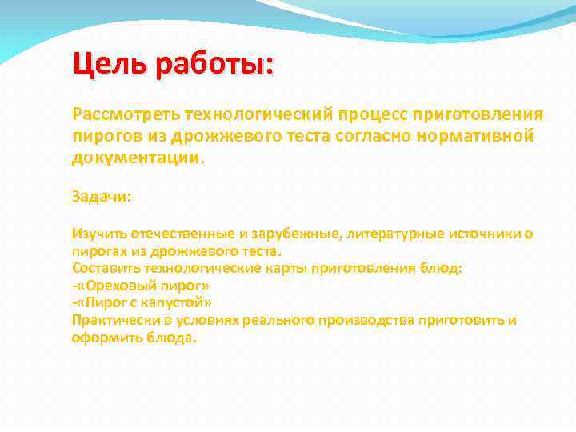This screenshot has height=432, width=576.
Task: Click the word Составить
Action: point(106,268)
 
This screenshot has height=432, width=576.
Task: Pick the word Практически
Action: point(113,321)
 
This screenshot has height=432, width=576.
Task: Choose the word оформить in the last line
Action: point(105,338)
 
